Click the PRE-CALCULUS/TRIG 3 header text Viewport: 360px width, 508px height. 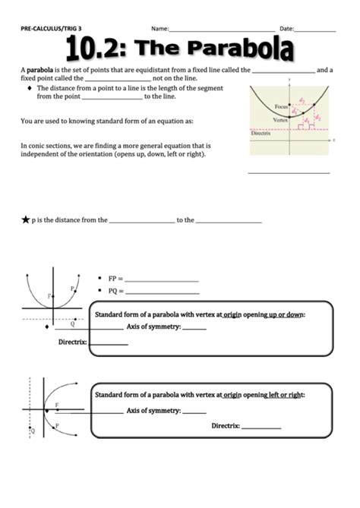pos(51,28)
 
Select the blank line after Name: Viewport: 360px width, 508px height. pos(218,30)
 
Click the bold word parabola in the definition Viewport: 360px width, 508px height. pos(39,70)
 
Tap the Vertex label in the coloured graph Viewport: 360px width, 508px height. pos(281,121)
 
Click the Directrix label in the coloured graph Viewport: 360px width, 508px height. pos(261,134)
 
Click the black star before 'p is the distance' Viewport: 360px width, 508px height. pos(25,220)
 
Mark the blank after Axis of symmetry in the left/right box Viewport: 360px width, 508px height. pos(194,411)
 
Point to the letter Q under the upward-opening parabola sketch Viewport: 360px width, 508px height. pos(72,323)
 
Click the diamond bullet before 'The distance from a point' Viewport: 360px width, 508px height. pos(29,88)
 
